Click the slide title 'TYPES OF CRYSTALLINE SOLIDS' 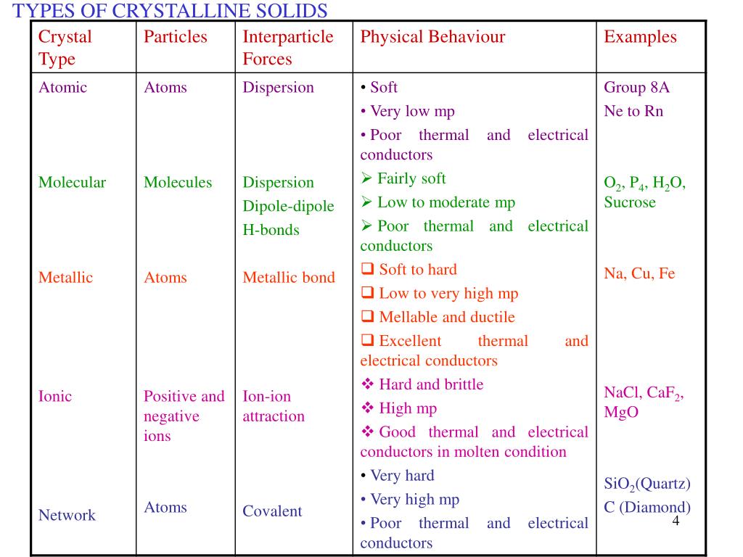[171, 11]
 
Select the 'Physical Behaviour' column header [432, 37]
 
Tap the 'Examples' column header [640, 37]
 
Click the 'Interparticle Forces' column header [288, 48]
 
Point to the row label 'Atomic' [62, 88]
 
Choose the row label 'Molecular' [72, 182]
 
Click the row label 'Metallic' [65, 277]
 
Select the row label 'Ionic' [55, 396]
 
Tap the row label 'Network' [67, 515]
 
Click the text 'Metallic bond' [289, 277]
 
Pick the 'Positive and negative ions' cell [184, 416]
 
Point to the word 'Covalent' [272, 511]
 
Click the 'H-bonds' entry [271, 230]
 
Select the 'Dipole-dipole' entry [288, 206]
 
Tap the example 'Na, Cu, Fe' [639, 273]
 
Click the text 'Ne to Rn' [633, 111]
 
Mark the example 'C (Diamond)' [647, 507]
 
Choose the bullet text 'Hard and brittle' [431, 384]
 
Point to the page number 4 [676, 522]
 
